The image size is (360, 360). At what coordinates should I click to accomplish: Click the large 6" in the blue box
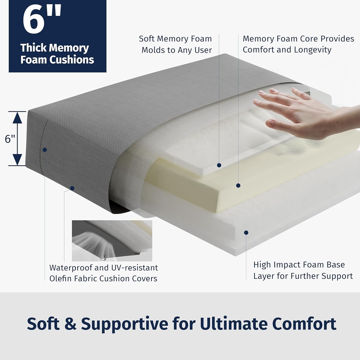pyautogui.click(x=42, y=20)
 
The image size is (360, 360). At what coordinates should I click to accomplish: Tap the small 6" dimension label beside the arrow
pyautogui.click(x=10, y=139)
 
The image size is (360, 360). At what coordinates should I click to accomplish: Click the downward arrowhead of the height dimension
pyautogui.click(x=17, y=160)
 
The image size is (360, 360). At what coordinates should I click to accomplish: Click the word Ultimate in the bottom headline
pyautogui.click(x=233, y=324)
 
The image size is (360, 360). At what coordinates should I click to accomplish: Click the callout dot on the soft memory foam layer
pyautogui.click(x=219, y=165)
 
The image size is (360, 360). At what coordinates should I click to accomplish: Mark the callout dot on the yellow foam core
pyautogui.click(x=238, y=185)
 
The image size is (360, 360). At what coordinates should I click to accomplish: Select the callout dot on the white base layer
pyautogui.click(x=246, y=233)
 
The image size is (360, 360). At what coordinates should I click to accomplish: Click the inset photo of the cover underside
pyautogui.click(x=112, y=240)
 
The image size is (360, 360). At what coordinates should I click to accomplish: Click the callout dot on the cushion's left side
pyautogui.click(x=45, y=150)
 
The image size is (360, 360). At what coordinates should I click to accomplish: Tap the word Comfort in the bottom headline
pyautogui.click(x=304, y=324)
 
